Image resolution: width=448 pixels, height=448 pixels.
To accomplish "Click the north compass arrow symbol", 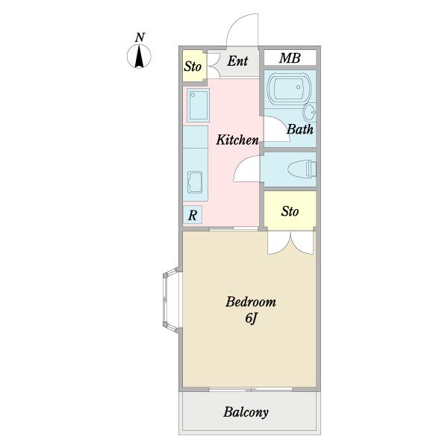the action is point(139,56).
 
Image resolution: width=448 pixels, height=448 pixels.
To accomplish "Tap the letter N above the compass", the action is point(140,37).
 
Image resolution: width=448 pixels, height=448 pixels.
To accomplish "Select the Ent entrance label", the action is point(237,61).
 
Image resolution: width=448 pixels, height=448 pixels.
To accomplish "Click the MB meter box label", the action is point(290,58).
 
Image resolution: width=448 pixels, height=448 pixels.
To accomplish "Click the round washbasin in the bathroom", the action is point(310,112).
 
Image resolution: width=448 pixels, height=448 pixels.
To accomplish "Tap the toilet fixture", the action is point(302,169).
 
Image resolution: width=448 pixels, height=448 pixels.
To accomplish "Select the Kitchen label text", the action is point(237,140).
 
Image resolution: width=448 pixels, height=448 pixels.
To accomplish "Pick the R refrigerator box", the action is point(193,214).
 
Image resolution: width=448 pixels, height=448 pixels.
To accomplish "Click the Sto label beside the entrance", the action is point(193,66).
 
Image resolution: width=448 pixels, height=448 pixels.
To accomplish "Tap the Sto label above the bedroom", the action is point(290,211).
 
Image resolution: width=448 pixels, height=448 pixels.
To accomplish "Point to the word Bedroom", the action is point(251,302).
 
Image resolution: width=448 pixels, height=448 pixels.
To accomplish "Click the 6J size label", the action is point(251,318).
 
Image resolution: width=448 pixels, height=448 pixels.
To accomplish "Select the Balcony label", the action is point(246,412).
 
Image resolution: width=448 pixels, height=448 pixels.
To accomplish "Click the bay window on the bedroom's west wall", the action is point(172,300).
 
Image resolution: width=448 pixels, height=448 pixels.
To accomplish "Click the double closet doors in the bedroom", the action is point(291,243).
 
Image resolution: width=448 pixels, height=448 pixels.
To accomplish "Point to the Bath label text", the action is point(299,129).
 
